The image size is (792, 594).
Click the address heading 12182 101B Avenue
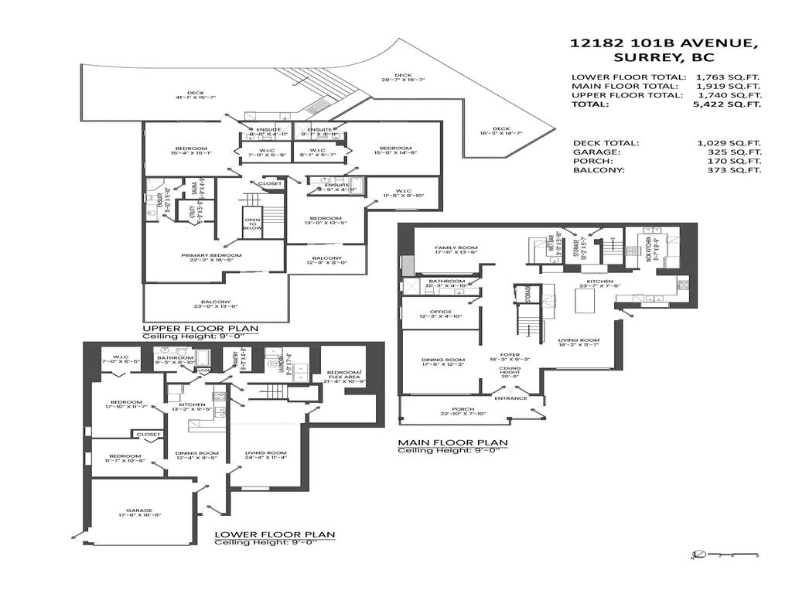[x=664, y=43]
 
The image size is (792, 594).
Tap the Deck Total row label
[x=606, y=143]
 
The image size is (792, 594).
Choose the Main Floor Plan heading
[x=452, y=443]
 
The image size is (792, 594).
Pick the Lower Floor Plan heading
[x=275, y=534]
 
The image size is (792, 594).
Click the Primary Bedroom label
[x=211, y=255]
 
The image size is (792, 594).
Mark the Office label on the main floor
[x=441, y=312]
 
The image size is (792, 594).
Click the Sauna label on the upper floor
[x=193, y=187]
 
